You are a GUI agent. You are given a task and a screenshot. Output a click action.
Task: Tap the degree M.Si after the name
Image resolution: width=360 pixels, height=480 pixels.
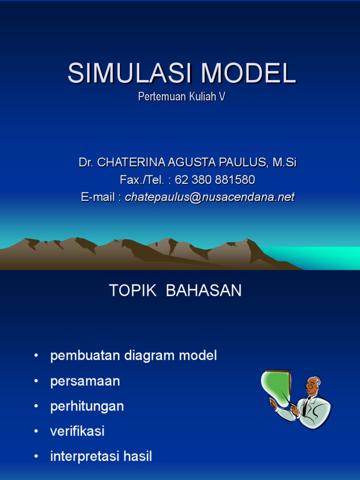(x=285, y=163)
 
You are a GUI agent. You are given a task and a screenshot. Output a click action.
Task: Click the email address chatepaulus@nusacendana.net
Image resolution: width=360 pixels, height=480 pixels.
(x=210, y=197)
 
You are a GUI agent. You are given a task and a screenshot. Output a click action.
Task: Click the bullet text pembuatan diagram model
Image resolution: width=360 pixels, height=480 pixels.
(x=134, y=356)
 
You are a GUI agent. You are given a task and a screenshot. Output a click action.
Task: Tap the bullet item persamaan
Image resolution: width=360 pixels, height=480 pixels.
(x=85, y=381)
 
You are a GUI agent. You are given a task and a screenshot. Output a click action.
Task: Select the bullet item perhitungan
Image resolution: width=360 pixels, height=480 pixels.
(x=87, y=406)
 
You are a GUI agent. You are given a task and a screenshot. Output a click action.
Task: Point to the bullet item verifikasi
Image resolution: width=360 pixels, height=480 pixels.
(x=77, y=431)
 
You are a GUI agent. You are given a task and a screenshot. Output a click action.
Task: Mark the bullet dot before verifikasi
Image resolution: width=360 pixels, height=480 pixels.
(x=36, y=432)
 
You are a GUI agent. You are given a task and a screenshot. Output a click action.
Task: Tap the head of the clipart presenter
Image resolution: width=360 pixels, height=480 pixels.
(x=313, y=385)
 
